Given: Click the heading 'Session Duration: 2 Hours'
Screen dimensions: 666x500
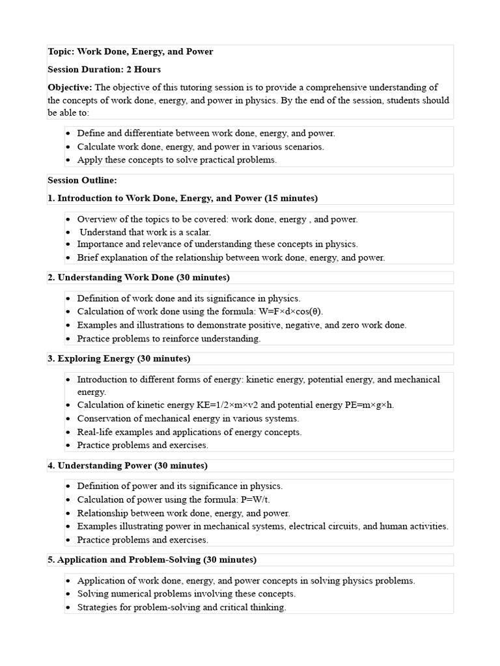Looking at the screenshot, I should pyautogui.click(x=104, y=69).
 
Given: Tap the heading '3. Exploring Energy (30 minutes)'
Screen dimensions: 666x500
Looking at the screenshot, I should pyautogui.click(x=119, y=358).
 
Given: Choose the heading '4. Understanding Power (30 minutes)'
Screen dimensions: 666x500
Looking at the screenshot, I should pyautogui.click(x=128, y=466).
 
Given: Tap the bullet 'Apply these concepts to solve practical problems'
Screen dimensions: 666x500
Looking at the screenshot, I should pyautogui.click(x=177, y=159).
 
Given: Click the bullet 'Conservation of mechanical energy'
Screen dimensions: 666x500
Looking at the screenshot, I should pyautogui.click(x=188, y=419).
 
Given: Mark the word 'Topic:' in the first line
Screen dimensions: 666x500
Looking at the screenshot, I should pyautogui.click(x=61, y=51).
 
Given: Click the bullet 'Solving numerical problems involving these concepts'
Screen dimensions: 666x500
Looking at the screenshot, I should pyautogui.click(x=186, y=594).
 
